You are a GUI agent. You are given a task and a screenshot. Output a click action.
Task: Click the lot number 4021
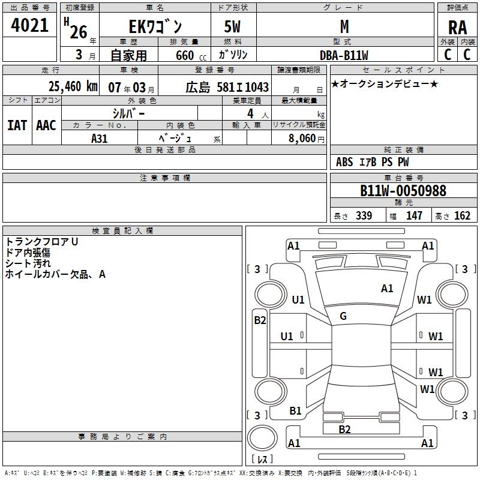pyautogui.click(x=30, y=27)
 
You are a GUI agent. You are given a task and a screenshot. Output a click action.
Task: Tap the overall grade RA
pyautogui.click(x=457, y=28)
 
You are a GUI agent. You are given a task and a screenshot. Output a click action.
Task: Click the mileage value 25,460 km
pyautogui.click(x=73, y=86)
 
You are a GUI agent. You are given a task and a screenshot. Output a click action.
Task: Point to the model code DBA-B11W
pyautogui.click(x=344, y=55)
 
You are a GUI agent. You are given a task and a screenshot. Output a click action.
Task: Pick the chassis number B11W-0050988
pyautogui.click(x=403, y=191)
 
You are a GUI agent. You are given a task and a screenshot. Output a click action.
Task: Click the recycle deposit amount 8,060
pyautogui.click(x=298, y=137)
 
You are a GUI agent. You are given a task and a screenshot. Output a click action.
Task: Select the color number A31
pyautogui.click(x=100, y=138)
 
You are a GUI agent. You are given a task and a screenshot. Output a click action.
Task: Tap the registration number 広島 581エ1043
pyautogui.click(x=227, y=87)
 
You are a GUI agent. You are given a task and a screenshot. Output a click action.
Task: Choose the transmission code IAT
pyautogui.click(x=17, y=125)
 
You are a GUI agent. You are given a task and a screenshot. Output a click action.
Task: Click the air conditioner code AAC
pyautogui.click(x=46, y=125)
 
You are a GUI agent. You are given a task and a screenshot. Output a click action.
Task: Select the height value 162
pyautogui.click(x=462, y=215)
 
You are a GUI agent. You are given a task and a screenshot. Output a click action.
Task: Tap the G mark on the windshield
pyautogui.click(x=343, y=316)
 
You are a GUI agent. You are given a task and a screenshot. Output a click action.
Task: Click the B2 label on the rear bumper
pyautogui.click(x=344, y=429)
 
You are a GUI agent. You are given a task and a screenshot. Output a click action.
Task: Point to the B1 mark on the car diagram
pyautogui.click(x=295, y=410)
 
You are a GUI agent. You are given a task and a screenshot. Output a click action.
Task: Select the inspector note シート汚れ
pyautogui.click(x=28, y=263)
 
